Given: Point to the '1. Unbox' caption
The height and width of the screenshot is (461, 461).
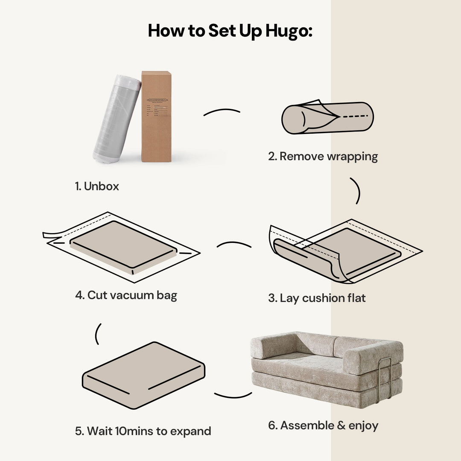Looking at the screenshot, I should point(97,186).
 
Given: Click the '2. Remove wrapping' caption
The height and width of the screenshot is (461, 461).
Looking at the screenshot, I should point(323,156).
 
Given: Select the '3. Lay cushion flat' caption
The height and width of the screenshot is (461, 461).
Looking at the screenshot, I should point(317,298).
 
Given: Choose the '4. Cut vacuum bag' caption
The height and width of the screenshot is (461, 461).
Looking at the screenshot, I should point(126,295).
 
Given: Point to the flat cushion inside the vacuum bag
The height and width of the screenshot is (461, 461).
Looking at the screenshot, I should point(124,245).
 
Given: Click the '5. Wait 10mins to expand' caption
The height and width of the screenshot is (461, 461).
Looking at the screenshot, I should point(143,431).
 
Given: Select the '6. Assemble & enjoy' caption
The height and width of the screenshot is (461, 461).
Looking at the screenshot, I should point(323,425).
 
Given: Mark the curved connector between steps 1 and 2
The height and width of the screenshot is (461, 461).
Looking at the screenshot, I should point(222,112).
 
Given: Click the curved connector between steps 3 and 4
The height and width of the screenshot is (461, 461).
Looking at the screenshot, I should point(234,245).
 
